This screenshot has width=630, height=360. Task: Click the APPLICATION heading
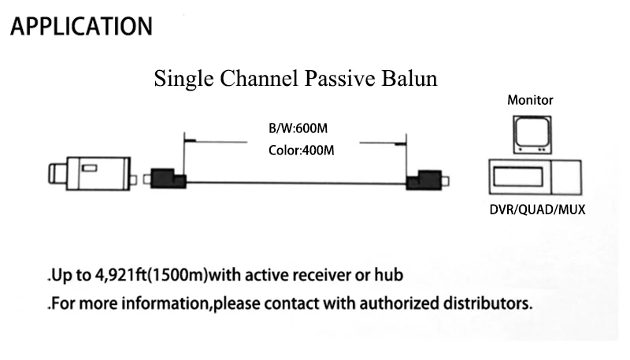pos(80,26)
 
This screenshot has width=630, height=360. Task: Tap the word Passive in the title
pos(343,79)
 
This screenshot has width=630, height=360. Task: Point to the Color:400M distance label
pos(296,150)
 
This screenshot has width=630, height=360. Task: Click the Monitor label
pos(529,101)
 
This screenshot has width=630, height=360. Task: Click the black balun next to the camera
pos(168,180)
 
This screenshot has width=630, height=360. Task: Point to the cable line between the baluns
pos(295,184)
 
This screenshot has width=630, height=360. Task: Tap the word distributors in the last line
pos(487,302)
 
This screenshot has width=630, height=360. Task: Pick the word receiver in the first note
pos(328,275)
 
